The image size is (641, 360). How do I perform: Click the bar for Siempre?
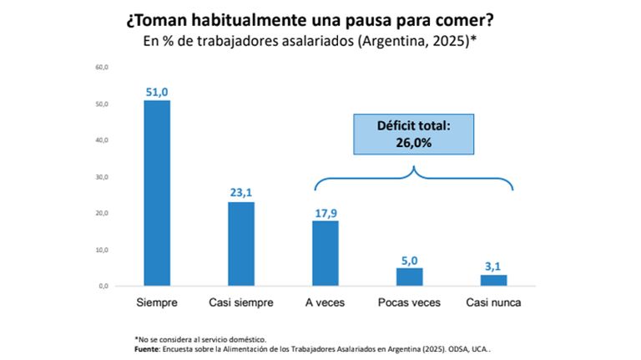pos(157,193)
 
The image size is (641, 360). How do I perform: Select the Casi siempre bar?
pos(241,244)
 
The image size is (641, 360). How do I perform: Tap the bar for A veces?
pos(326,253)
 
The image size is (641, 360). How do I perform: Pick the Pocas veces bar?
pos(410,277)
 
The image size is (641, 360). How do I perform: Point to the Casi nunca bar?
pos(494,280)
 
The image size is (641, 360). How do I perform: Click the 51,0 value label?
pos(157,93)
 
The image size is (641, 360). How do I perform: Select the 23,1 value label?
pos(241,193)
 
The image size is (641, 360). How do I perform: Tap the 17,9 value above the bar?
pos(326,213)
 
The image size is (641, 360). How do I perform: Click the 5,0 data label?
pos(410,261)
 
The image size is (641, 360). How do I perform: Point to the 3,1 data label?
pos(493,266)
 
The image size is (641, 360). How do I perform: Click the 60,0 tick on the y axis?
pos(102,67)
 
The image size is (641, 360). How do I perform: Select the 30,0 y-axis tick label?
pos(102,177)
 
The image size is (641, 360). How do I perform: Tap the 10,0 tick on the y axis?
pos(102,250)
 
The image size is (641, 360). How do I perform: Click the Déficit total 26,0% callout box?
pos(414,134)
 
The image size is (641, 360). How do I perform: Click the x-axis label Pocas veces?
pos(409,302)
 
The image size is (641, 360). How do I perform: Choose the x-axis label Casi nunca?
pos(493,302)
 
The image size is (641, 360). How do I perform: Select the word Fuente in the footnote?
pos(147,349)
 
